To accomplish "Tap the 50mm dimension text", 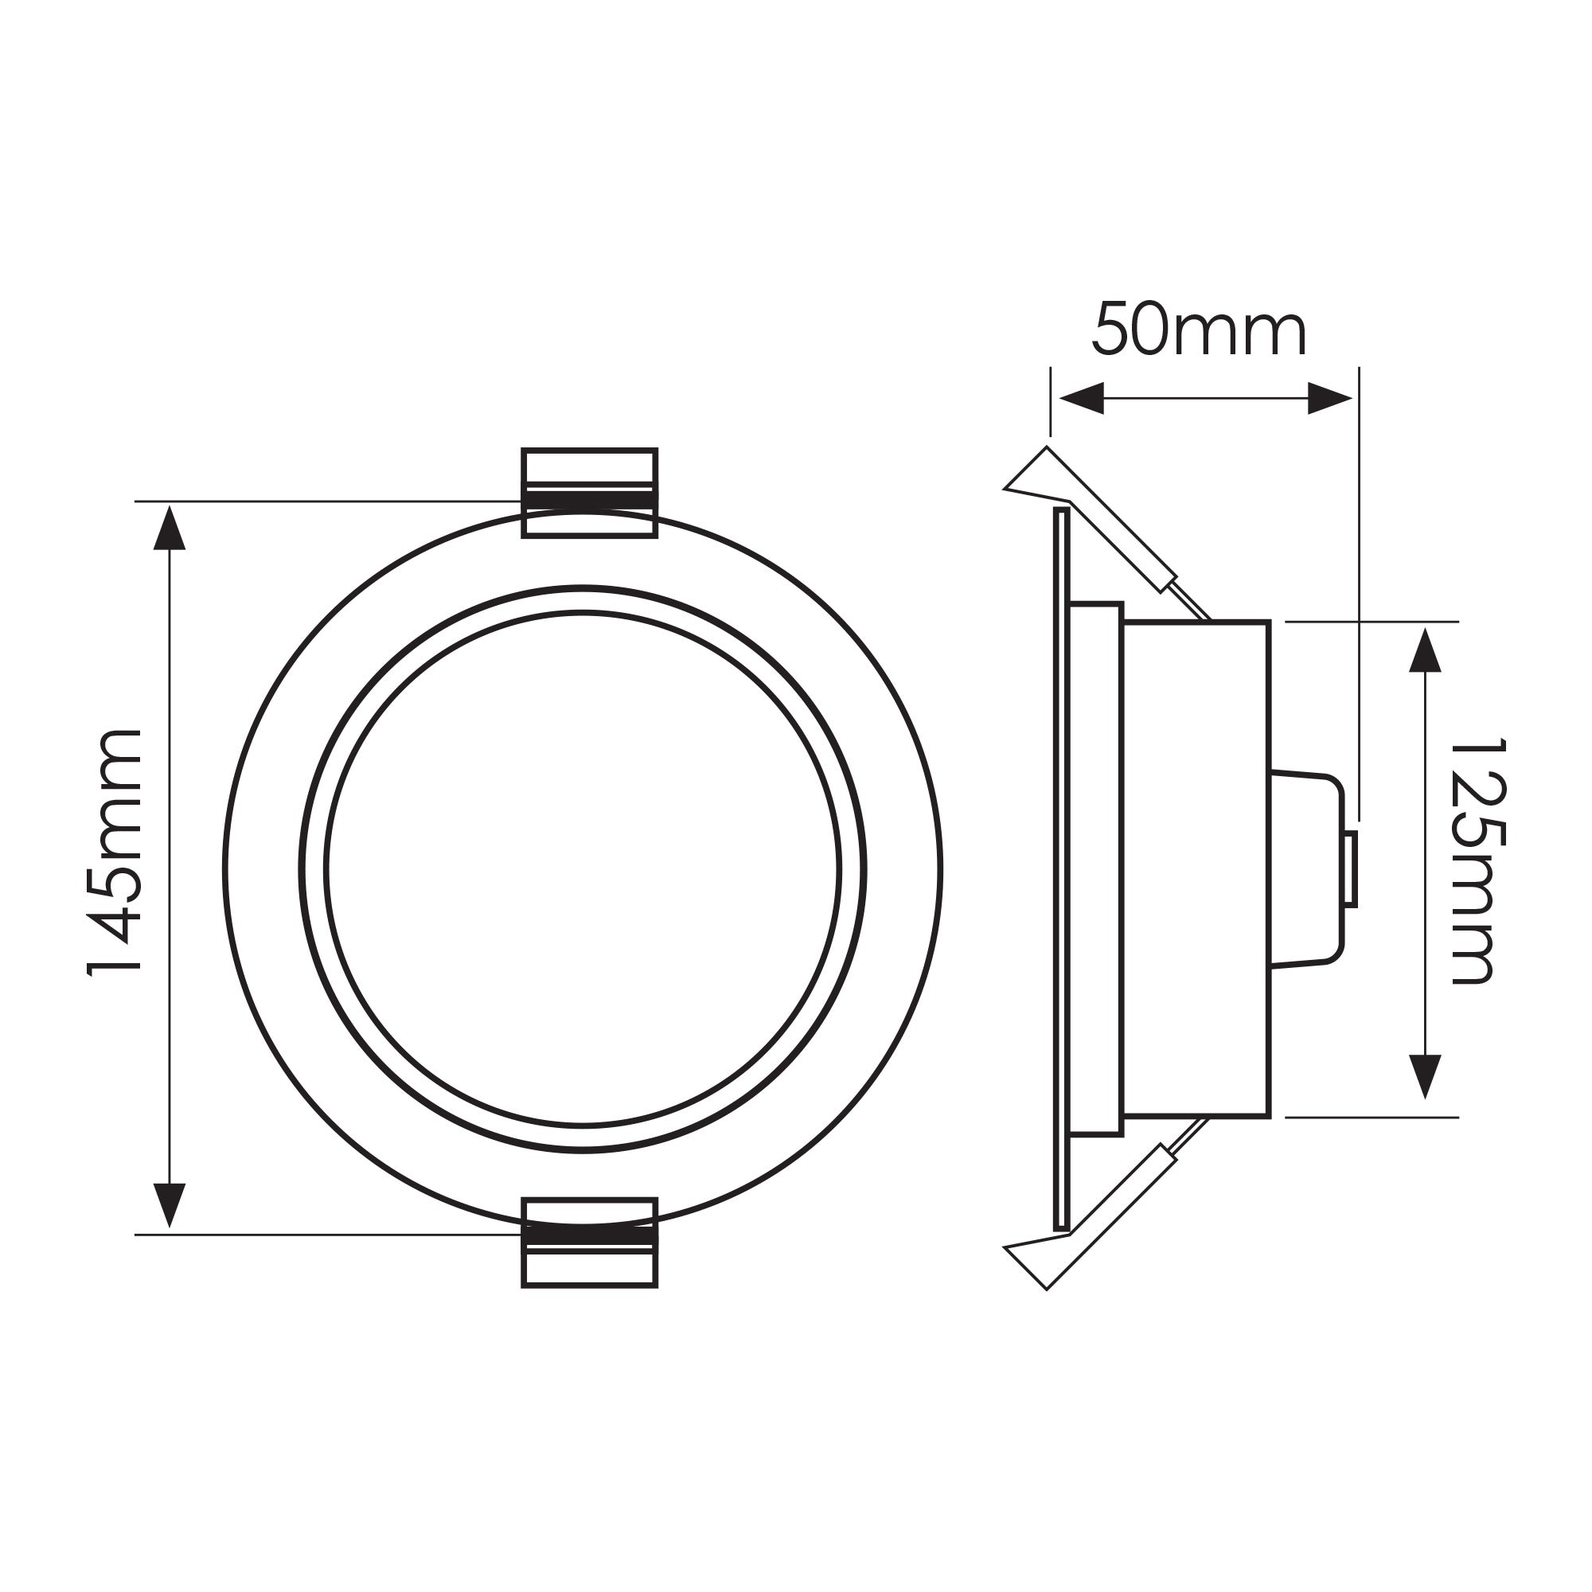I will [x=1199, y=330].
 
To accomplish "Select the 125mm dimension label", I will [x=1478, y=860].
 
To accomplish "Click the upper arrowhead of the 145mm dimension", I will [x=169, y=529].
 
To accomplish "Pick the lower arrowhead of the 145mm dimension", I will [x=169, y=1204].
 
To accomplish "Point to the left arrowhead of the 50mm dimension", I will [x=1081, y=399].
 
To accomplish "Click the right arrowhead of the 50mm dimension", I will [x=1329, y=399].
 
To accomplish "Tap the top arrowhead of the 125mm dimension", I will [x=1425, y=651].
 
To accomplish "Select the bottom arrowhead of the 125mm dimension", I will [x=1425, y=1075].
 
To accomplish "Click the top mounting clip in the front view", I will [x=589, y=493].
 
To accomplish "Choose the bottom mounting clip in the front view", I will [x=589, y=1242].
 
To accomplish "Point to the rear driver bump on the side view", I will [x=1306, y=868].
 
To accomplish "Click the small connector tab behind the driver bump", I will [x=1350, y=868].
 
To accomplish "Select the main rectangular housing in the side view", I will [x=1196, y=868].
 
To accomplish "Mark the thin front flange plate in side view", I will [x=1061, y=868].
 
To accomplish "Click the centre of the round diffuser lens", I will [x=583, y=868].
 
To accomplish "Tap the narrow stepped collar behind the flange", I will [x=1095, y=868].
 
